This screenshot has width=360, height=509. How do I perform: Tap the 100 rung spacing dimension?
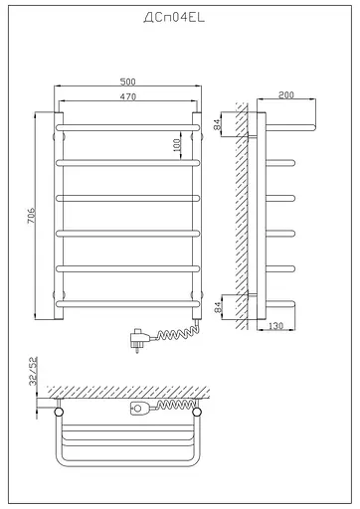click(x=178, y=144)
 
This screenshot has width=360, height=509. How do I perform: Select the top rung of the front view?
click(x=129, y=127)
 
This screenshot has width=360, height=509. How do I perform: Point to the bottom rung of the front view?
click(x=129, y=302)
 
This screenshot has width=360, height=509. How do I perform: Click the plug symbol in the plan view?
click(x=139, y=408)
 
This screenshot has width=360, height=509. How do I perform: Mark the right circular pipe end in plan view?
click(x=198, y=410)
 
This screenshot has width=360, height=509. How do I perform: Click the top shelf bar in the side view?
click(x=288, y=126)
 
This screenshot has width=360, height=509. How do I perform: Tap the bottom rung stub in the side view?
click(x=282, y=302)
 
